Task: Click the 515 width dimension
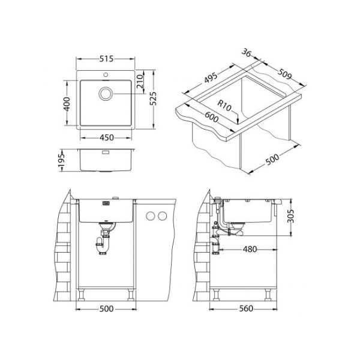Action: coord(106,59)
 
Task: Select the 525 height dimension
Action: coord(153,99)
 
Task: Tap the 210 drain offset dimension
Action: coord(140,82)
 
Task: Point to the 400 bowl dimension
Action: coord(67,104)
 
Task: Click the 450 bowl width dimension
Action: coord(107,137)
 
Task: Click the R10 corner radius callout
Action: coord(224,106)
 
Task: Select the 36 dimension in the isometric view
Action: coord(246,53)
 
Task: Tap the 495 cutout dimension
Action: coord(211,77)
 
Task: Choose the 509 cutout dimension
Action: coord(284,74)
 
